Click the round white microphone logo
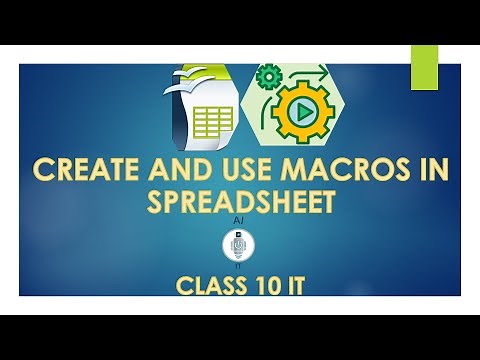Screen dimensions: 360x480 240,245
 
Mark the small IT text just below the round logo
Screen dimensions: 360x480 240,266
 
